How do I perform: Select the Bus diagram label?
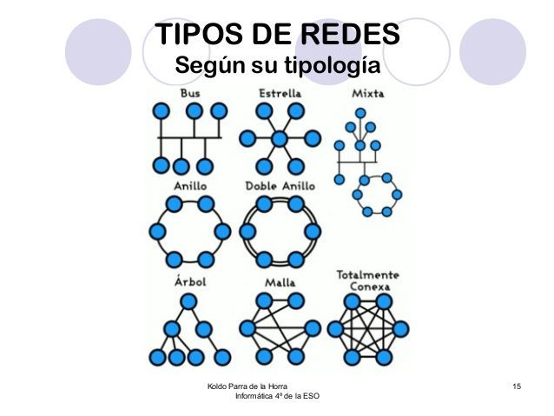(x=190, y=93)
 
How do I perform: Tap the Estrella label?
(x=280, y=93)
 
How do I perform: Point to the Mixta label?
(x=369, y=93)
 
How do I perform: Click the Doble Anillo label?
(x=280, y=186)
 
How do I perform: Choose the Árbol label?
(x=190, y=281)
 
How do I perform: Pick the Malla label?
(x=280, y=281)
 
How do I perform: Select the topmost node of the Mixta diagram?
(x=359, y=113)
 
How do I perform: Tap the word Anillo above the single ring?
(x=190, y=186)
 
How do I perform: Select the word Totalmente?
(x=368, y=274)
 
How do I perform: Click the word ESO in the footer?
(x=311, y=396)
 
